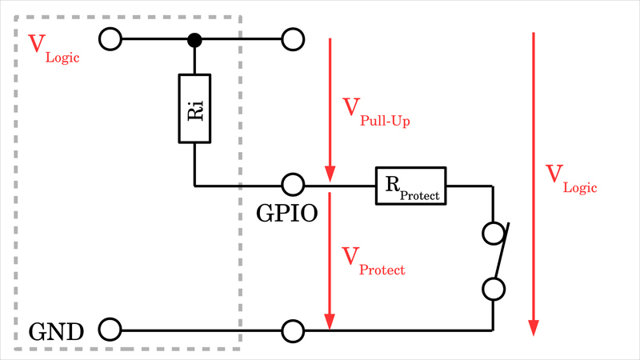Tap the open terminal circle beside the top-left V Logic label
tap(110, 38)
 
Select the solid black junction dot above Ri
tap(194, 38)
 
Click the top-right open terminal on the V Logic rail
tap(293, 38)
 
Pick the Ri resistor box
tap(194, 109)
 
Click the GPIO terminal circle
tap(293, 186)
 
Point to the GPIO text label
tap(287, 214)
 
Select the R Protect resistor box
tap(410, 186)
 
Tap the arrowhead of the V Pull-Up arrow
tap(329, 175)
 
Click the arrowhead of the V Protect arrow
tap(329, 319)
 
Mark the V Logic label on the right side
tap(570, 178)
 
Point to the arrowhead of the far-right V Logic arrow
tap(534, 328)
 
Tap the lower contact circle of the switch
tap(494, 288)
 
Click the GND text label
tap(56, 330)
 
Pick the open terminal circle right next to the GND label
tap(110, 329)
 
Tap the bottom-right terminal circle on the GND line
tap(293, 329)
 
